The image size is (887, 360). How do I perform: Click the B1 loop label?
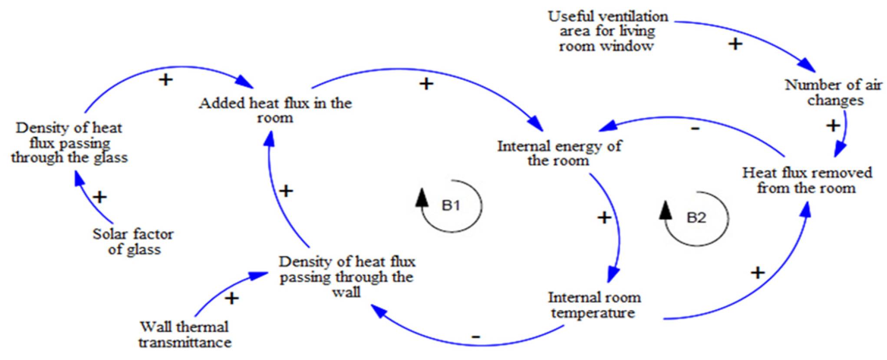(451, 205)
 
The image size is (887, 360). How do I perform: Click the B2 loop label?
(696, 217)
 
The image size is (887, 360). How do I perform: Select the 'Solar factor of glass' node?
(133, 241)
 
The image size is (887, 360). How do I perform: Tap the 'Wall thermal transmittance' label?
(185, 334)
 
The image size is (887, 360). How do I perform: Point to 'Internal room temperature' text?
(594, 305)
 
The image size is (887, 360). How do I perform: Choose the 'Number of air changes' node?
(834, 92)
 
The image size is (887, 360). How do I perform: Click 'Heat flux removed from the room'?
(807, 180)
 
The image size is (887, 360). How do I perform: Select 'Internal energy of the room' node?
(559, 153)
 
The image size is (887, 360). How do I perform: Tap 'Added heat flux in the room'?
(275, 110)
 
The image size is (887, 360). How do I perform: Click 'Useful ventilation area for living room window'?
(607, 31)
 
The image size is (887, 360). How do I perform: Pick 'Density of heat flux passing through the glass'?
(69, 142)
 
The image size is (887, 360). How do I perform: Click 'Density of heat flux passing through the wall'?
(347, 277)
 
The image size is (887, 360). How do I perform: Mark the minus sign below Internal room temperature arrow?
(476, 337)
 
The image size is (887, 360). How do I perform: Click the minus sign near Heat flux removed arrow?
(695, 128)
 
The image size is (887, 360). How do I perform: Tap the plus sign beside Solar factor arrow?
(100, 197)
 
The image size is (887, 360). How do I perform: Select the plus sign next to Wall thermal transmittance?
(232, 298)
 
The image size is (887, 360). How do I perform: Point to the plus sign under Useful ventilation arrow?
(735, 44)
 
